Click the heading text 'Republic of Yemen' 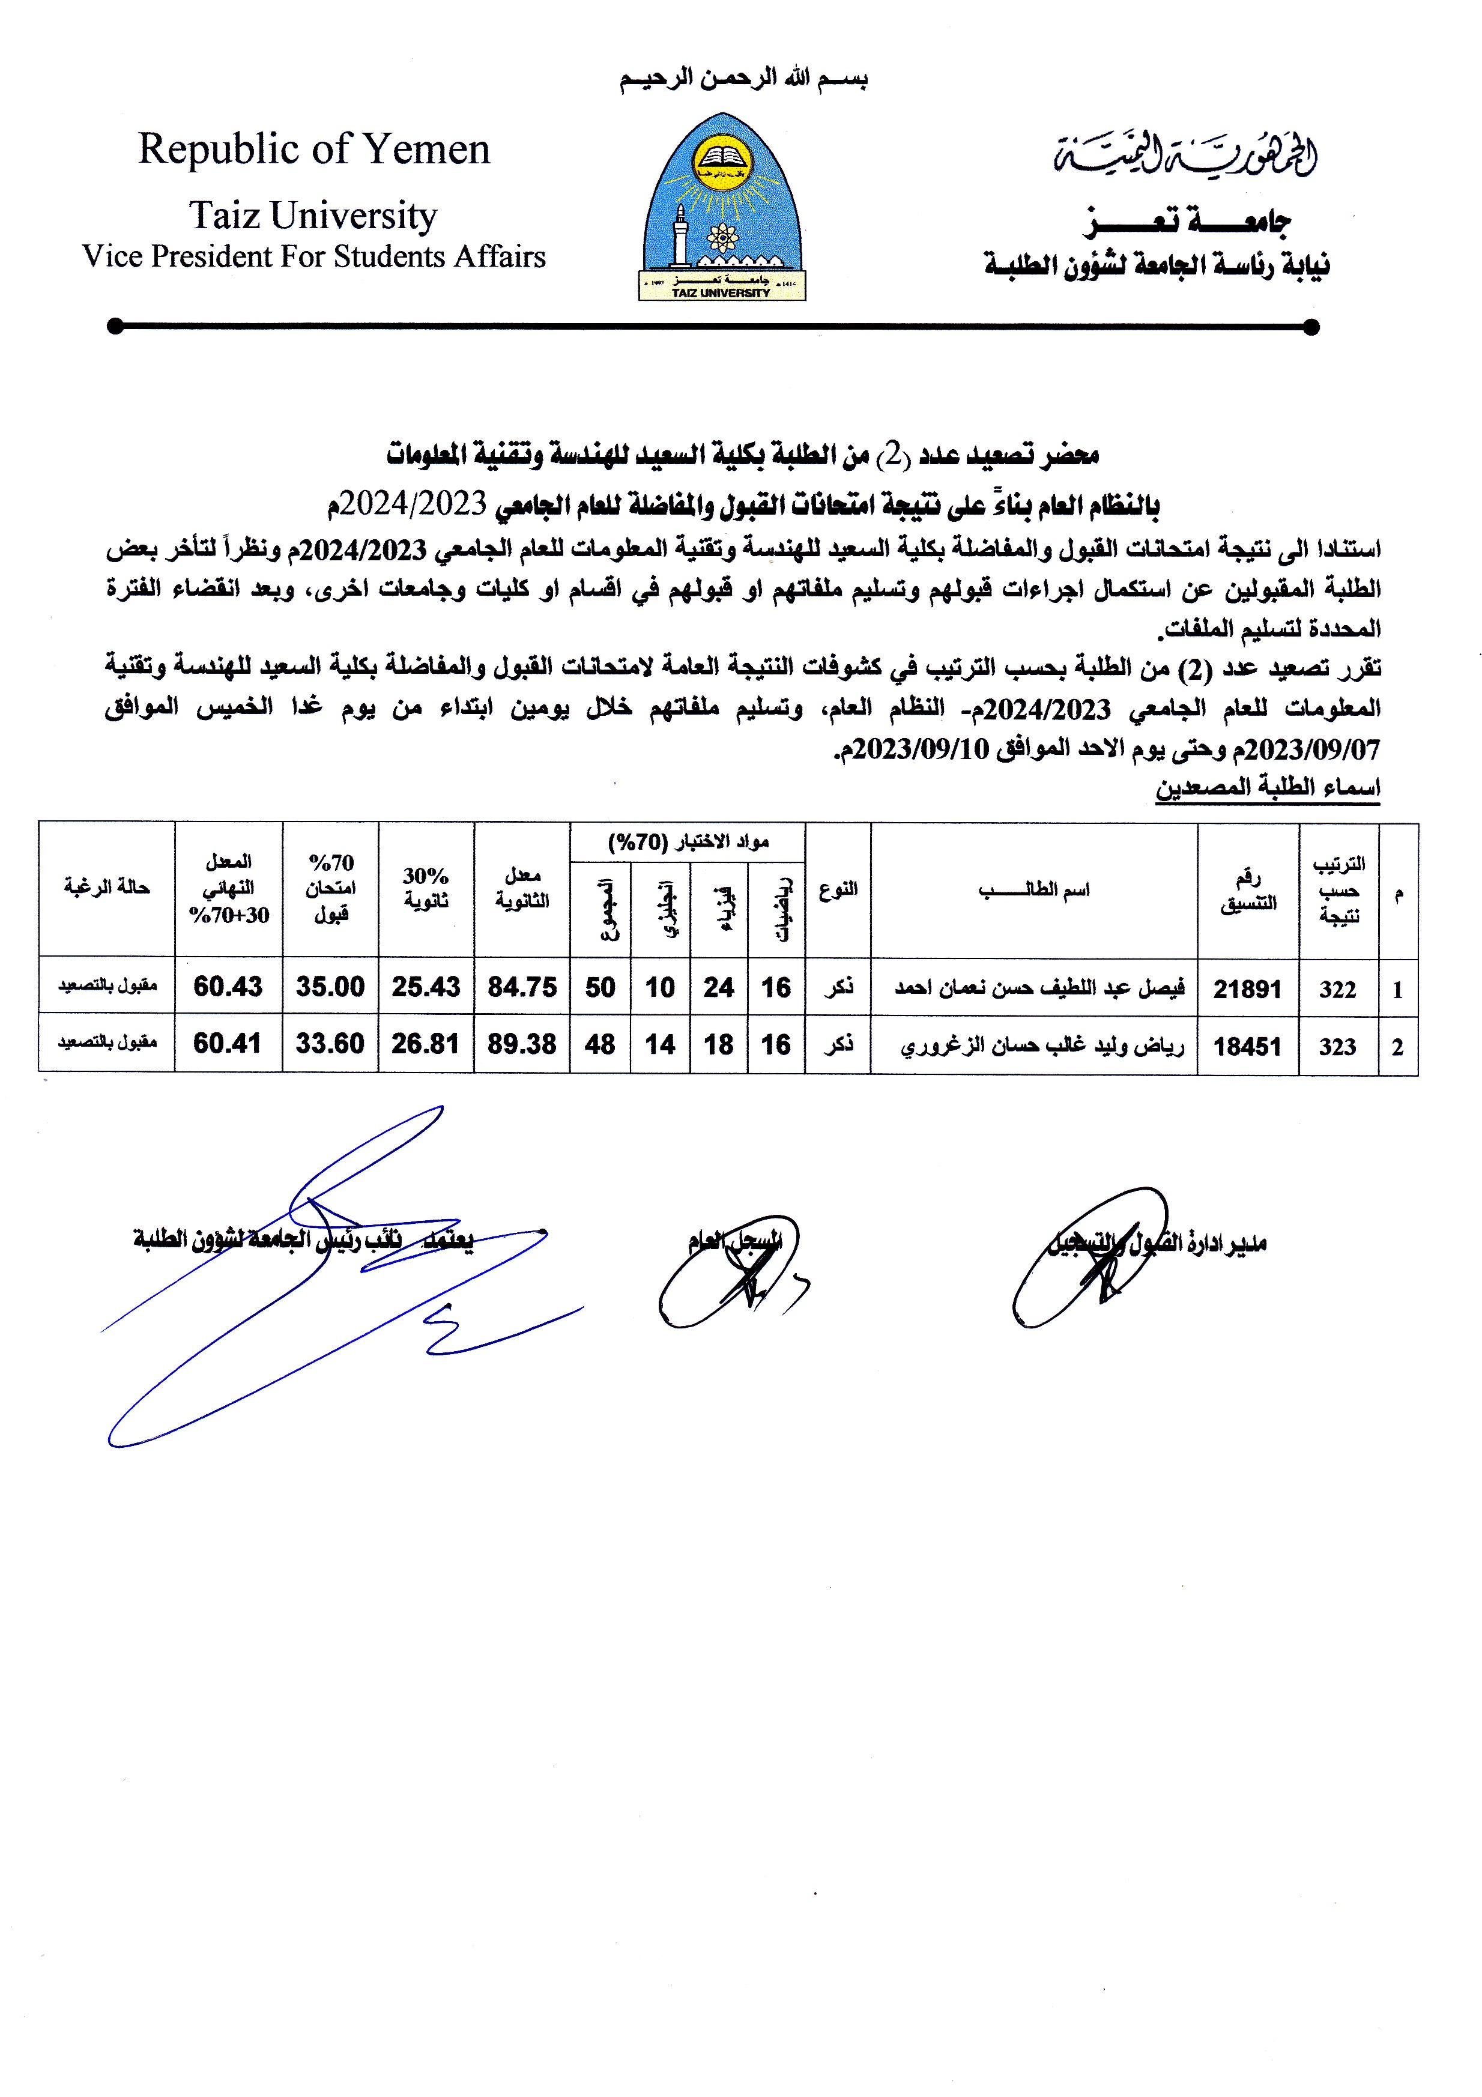tap(314, 149)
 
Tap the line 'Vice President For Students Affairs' tap(313, 256)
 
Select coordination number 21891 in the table tap(1247, 988)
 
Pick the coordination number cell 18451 tap(1247, 1045)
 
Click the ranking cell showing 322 tap(1338, 989)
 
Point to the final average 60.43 tap(228, 987)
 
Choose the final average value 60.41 tap(228, 1043)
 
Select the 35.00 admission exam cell tap(330, 987)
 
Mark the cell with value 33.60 tap(330, 1043)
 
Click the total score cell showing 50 tap(600, 987)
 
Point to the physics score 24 tap(719, 987)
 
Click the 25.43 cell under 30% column tap(426, 987)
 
